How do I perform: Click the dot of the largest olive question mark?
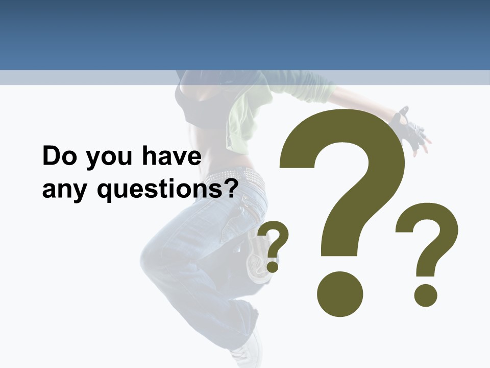[x=339, y=294]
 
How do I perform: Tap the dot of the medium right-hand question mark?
[x=425, y=295]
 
